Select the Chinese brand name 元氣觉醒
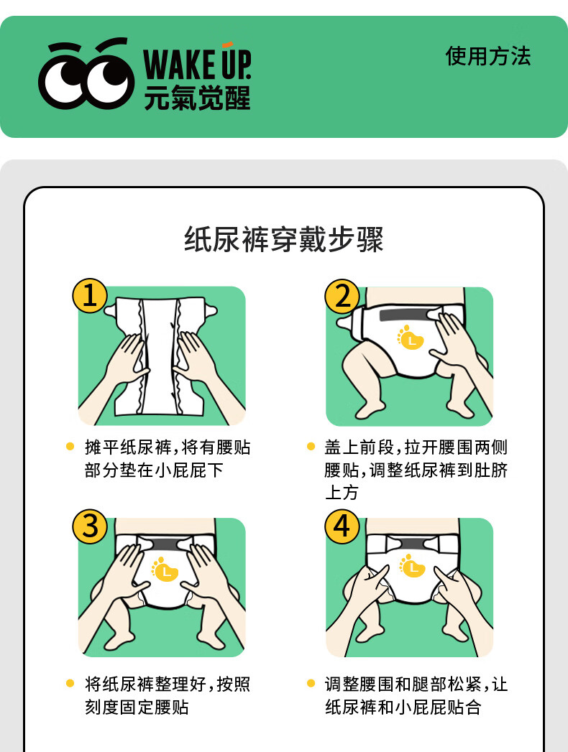(197, 98)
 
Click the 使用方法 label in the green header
(487, 56)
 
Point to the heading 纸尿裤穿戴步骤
(284, 239)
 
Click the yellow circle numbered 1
(90, 295)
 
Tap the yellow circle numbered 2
(342, 297)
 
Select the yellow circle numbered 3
(90, 526)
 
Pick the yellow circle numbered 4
(342, 526)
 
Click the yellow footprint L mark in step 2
(411, 338)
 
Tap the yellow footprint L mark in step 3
(165, 570)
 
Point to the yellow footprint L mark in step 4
(412, 565)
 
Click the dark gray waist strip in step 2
(408, 315)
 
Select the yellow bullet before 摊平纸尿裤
(70, 447)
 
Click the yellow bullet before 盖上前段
(311, 447)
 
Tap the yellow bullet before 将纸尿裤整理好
(70, 684)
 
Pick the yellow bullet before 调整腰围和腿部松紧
(311, 684)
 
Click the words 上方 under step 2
(342, 493)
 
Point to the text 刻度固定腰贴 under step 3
(137, 707)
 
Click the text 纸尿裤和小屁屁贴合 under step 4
(403, 707)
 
